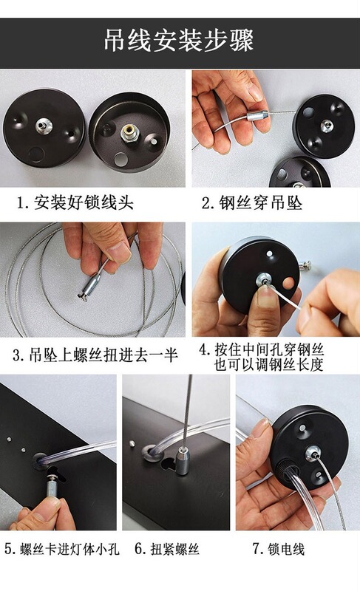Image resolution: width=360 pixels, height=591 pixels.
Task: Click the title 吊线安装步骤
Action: [x=179, y=40]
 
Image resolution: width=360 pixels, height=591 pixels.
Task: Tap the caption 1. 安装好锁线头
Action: [x=75, y=202]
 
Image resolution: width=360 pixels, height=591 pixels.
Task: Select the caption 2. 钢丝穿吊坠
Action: [x=252, y=202]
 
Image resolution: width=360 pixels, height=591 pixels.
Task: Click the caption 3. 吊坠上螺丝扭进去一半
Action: [x=95, y=355]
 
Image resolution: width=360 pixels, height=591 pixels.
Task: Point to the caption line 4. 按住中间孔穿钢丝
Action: [x=261, y=349]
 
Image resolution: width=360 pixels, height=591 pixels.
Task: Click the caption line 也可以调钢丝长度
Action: [x=269, y=365]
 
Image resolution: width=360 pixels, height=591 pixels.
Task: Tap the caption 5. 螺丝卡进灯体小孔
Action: [x=62, y=549]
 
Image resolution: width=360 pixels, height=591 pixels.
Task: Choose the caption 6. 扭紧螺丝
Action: [x=167, y=549]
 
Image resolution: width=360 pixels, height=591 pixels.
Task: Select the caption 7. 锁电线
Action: [x=278, y=549]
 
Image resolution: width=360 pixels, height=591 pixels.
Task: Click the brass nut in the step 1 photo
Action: [x=129, y=134]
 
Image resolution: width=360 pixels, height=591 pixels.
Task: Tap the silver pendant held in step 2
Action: [x=258, y=115]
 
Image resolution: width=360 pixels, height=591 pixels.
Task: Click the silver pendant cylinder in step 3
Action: [x=90, y=287]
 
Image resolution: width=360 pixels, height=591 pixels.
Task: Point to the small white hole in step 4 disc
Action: [x=270, y=253]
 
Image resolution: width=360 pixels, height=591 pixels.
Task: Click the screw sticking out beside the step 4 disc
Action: [x=305, y=265]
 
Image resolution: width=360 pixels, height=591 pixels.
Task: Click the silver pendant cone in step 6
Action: [x=183, y=460]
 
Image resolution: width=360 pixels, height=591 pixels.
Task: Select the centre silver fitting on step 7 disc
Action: [x=313, y=453]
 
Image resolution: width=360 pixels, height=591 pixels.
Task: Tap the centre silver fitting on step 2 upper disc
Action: [x=326, y=126]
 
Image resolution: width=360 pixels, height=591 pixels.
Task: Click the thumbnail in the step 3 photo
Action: [x=118, y=251]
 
